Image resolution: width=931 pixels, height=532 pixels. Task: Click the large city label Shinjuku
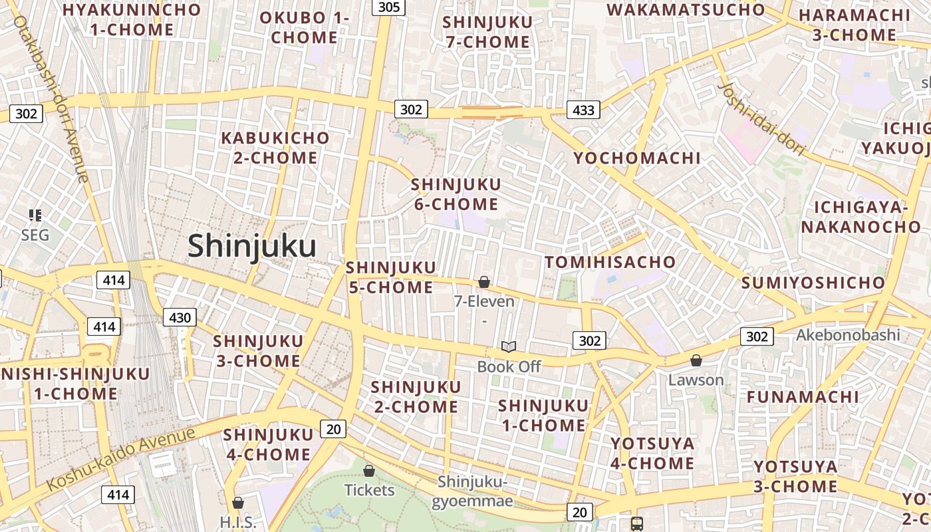pos(251,245)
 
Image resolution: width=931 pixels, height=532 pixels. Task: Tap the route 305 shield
pos(389,7)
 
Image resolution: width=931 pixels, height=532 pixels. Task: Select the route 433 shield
pos(583,110)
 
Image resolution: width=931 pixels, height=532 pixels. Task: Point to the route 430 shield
pos(180,318)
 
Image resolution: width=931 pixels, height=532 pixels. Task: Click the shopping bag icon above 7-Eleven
pos(484,283)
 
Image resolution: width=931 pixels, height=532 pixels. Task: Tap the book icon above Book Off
pos(509,347)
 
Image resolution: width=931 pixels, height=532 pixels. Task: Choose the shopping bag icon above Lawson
pos(696,361)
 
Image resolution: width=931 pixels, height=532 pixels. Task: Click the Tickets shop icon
pos(369,471)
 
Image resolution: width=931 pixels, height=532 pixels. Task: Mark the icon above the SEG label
pos(35,215)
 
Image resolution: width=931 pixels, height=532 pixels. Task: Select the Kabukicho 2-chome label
pos(275,148)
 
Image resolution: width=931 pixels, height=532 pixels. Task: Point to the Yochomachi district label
pos(637,158)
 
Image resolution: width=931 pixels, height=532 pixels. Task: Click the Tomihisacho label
pos(610,262)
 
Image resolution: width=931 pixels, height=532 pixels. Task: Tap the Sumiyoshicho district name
pos(813,283)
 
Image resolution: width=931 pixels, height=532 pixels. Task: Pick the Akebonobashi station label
pos(848,334)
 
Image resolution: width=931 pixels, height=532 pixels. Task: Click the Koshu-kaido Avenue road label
pos(122,458)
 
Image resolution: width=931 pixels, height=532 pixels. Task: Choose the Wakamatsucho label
pos(686,10)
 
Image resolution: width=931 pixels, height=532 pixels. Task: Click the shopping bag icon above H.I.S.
pos(238,503)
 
